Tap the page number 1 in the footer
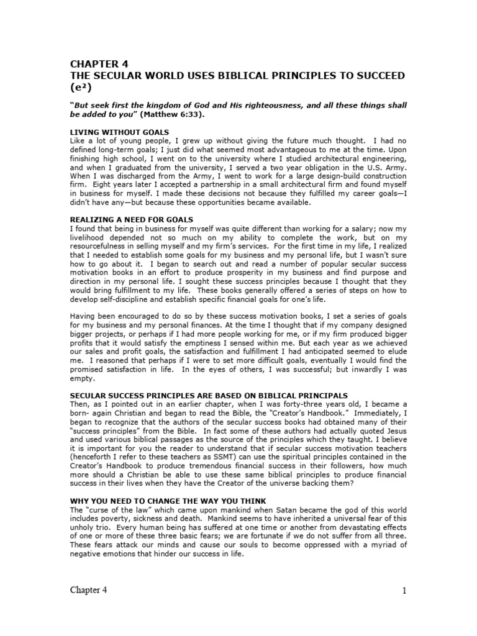pos(404,591)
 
